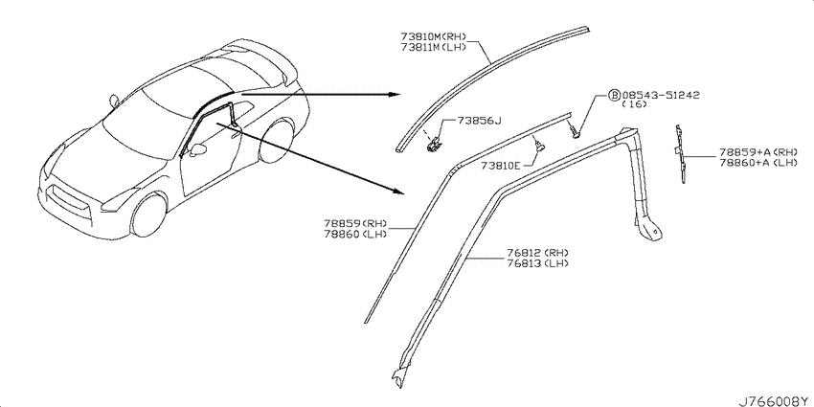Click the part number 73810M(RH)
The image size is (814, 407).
point(434,37)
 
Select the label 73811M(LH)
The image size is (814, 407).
point(434,47)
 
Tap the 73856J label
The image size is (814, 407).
point(479,121)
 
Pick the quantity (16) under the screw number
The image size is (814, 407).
point(634,104)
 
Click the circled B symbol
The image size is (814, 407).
point(614,96)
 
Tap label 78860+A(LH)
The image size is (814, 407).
point(757,163)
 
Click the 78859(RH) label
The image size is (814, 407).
point(356,224)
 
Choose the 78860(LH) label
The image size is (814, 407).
point(356,234)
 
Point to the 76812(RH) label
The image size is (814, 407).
point(537,253)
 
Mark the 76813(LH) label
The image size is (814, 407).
point(537,263)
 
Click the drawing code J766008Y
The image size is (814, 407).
point(775,401)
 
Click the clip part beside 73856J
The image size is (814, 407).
point(433,145)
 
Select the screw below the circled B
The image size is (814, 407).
point(575,131)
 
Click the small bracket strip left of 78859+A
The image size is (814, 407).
point(680,153)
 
